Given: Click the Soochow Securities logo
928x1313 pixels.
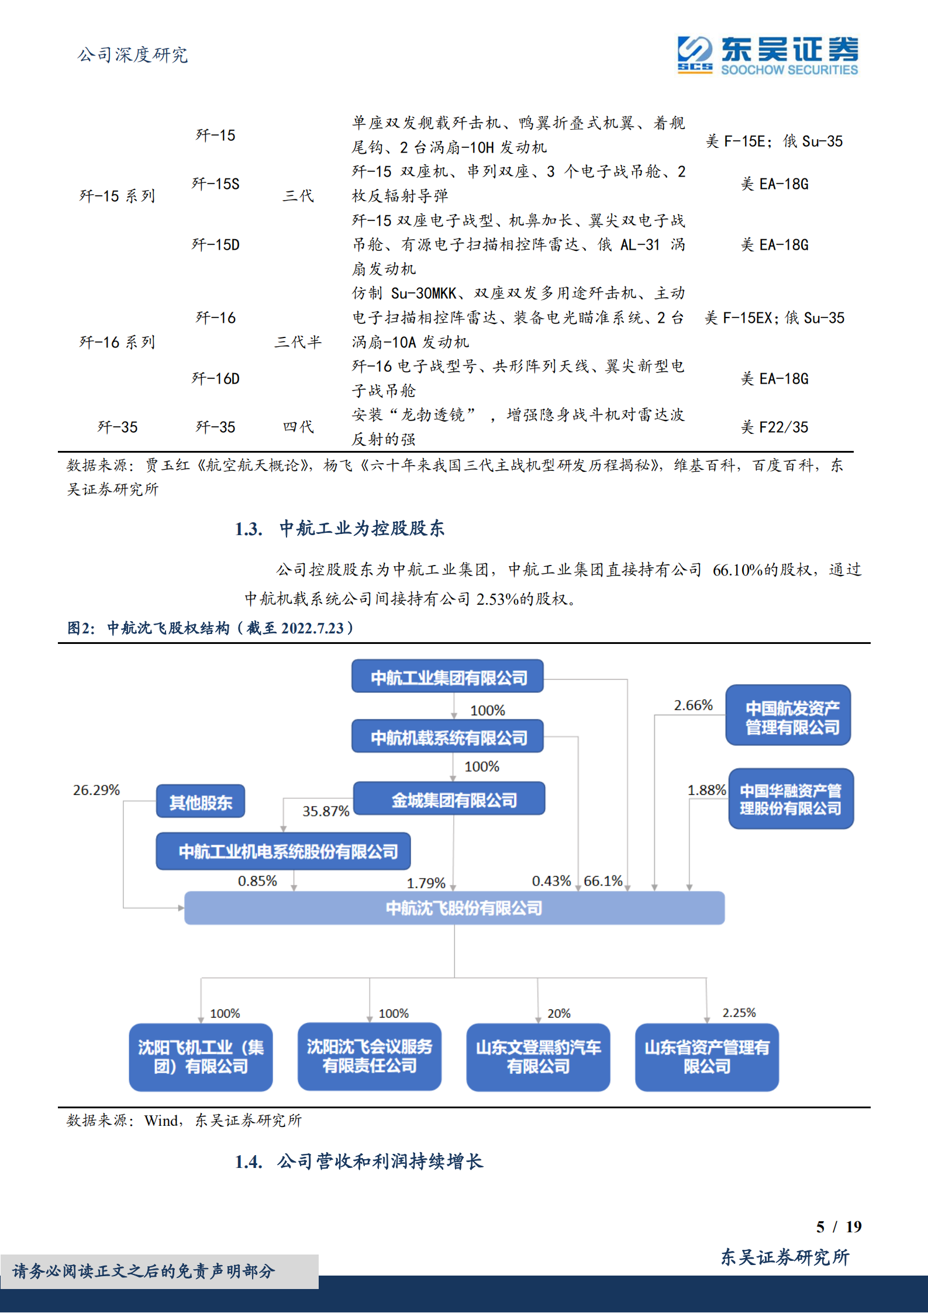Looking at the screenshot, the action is pos(768,56).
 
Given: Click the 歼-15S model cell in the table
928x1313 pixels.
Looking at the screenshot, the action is pos(215,184).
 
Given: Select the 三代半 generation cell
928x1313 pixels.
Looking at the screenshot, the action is pos(298,342).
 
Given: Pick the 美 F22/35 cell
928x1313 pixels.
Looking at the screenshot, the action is pos(774,428).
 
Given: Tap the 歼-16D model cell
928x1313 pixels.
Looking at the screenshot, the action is pos(215,379).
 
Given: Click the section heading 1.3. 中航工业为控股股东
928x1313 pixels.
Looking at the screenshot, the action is pos(339,529).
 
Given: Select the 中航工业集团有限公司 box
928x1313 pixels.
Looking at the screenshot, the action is pos(448,677).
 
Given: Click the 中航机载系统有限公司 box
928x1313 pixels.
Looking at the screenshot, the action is pos(448,738).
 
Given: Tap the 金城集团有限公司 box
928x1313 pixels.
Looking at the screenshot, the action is pos(454,799).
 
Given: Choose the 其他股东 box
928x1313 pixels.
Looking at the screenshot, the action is pos(201,802).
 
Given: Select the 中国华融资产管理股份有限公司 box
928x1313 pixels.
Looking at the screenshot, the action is pos(790,799).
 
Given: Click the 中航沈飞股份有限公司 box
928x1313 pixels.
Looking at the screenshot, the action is pos(454,908).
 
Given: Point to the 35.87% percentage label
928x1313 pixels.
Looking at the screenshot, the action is pos(326,811).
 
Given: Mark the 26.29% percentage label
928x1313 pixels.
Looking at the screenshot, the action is pos(96,790).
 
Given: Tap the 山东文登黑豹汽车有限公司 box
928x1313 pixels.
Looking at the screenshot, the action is pos(538,1056).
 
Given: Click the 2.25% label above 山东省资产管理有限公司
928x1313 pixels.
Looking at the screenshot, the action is pos(739,1012).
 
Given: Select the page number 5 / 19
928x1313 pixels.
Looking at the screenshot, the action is pos(839,1226).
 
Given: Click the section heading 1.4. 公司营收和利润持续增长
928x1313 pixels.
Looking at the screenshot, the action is pos(358,1162).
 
